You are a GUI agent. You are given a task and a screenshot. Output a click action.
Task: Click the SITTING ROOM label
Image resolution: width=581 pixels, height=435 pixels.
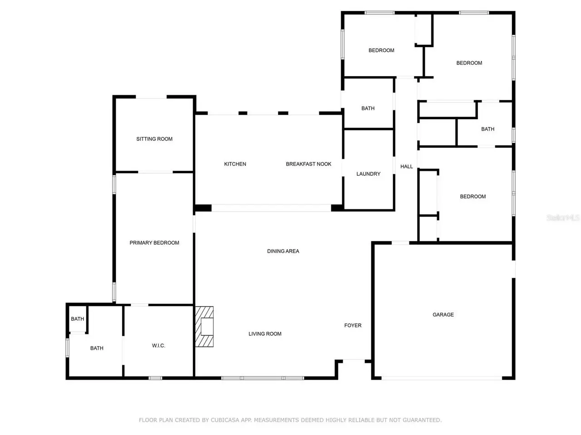coord(154,139)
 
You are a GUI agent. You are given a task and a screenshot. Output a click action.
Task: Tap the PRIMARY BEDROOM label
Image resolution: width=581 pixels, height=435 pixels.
coord(154,243)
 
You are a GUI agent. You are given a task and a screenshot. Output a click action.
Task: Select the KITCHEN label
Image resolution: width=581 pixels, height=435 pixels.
coord(235,164)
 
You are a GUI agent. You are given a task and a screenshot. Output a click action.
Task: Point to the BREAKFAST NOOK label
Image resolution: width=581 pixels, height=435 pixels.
coord(308,164)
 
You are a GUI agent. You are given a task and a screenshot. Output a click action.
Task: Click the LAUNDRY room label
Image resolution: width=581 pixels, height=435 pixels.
coord(368,174)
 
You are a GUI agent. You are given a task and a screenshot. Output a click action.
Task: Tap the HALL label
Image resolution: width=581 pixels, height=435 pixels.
coord(406,166)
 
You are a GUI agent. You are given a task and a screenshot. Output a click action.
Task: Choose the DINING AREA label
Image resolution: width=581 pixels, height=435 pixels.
coord(283,251)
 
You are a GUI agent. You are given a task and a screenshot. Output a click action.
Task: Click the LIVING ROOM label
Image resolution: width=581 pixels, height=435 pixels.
coord(265,334)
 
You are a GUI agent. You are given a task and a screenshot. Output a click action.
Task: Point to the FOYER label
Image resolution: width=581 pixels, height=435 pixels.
coord(353,325)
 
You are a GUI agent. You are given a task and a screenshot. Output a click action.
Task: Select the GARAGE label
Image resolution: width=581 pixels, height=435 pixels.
coord(443,314)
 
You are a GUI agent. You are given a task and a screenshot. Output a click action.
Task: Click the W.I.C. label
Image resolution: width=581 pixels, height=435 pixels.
coord(158,345)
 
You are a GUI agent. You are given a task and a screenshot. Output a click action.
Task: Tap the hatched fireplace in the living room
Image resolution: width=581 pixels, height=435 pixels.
coord(204,326)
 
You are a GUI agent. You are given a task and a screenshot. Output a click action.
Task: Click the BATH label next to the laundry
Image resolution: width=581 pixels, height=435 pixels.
coord(368,108)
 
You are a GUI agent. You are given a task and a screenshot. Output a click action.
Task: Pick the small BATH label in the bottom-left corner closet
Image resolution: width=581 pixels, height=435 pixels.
coord(77,319)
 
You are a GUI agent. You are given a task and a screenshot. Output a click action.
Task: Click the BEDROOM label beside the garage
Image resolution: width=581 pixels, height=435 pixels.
coord(473,197)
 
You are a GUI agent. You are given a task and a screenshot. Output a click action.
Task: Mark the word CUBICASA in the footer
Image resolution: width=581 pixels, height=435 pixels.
coord(225,420)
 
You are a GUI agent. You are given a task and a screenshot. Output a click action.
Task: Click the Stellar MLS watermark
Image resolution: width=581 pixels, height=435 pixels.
coord(563,217)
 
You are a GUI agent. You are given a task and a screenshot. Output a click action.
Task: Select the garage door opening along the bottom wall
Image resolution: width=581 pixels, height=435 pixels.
coord(442,378)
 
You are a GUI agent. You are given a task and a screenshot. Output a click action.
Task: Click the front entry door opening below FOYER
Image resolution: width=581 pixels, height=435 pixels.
coord(354,361)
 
